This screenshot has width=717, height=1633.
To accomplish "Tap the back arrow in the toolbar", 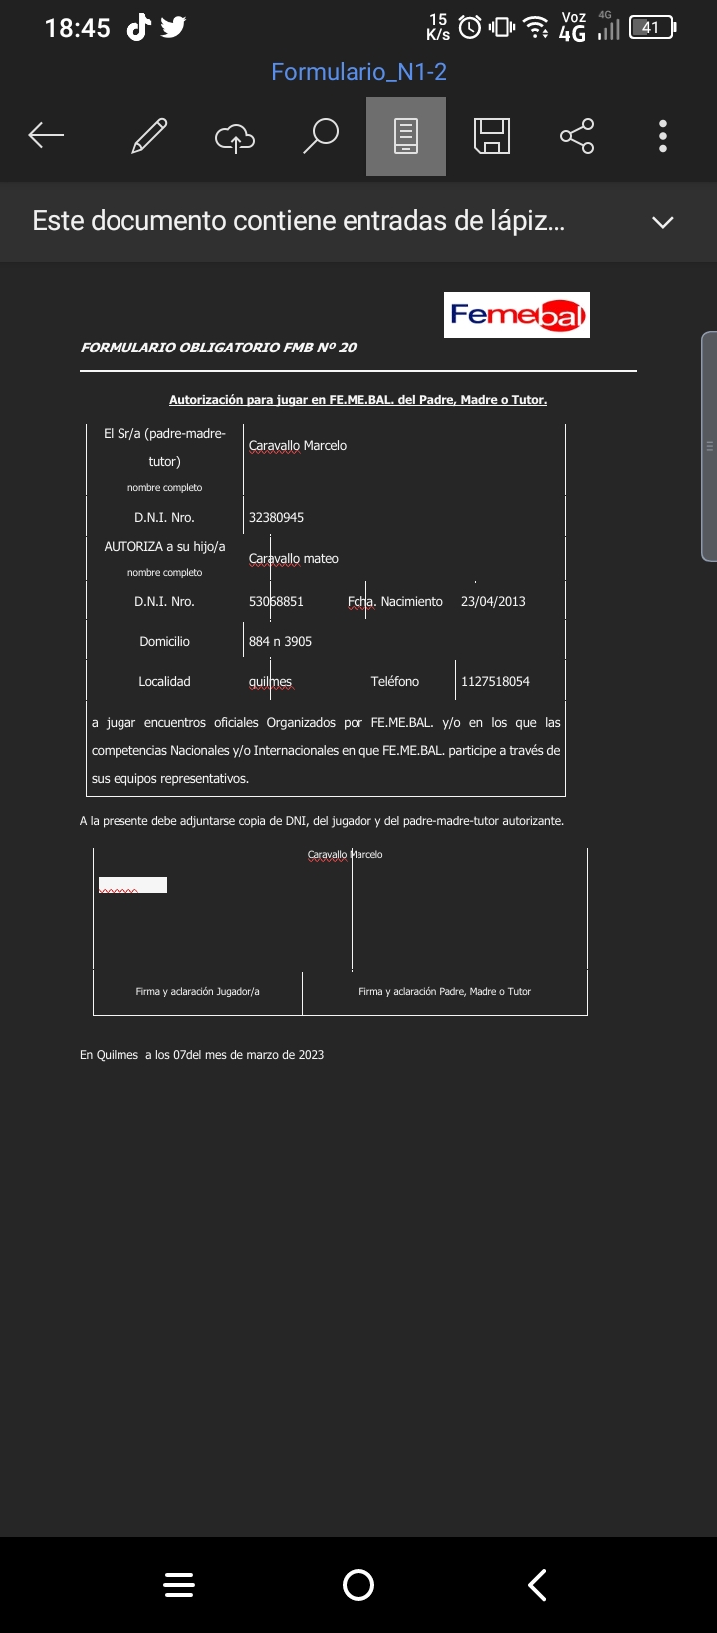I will coord(46,136).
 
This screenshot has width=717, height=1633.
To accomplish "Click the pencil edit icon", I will coord(149,136).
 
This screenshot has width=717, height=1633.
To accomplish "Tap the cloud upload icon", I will coord(235,137).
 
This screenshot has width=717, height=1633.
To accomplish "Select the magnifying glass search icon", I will coord(321,136).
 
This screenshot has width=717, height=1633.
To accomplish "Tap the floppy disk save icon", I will coord(492,136).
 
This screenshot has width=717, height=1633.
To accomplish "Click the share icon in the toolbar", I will coord(577,136).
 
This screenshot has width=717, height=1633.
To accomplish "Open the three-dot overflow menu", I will coord(663,136).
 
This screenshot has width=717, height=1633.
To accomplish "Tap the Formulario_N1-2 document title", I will coord(358,72).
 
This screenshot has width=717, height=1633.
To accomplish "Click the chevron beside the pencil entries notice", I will coord(663,222).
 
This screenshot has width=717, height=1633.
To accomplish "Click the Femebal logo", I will coord(516,315).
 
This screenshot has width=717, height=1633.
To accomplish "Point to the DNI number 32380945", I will coord(276,518).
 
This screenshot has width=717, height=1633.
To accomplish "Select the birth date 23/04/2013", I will coord(493,602).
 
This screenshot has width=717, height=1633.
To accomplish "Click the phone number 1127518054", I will coord(495,682).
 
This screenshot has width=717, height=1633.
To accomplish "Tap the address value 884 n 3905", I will coord(280,642).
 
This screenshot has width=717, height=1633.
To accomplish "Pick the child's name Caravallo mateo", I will coord(293,559).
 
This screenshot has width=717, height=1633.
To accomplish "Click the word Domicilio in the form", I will coord(164,642).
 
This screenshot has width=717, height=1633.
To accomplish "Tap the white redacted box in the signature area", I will coord(132,885).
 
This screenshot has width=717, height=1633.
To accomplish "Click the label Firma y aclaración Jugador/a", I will coord(197,992).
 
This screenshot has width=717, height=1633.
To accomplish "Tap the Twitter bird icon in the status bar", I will coord(173,27).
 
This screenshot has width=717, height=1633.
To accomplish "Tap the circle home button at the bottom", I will coord(358,1585).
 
